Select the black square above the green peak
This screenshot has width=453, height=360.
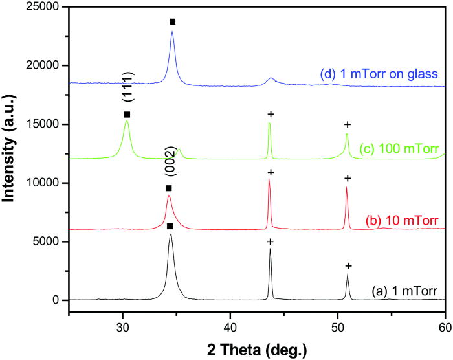(x=127, y=115)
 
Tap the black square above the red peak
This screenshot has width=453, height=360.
(x=169, y=188)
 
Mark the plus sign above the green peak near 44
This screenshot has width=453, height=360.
(x=271, y=115)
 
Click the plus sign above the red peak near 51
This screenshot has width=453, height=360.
(x=347, y=178)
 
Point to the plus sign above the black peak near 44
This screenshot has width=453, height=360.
(x=271, y=242)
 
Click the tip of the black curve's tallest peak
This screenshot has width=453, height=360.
(x=171, y=234)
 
